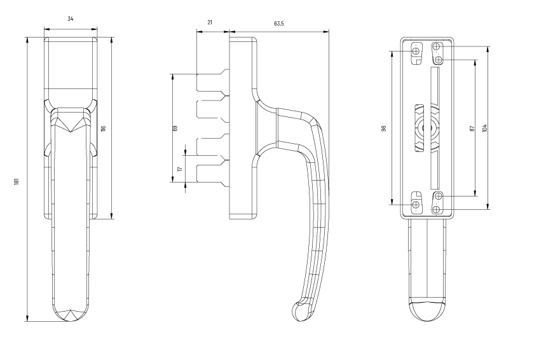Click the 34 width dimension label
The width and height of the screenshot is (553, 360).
point(71,19)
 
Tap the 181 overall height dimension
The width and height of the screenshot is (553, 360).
point(17,182)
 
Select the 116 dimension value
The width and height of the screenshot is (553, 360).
point(104,128)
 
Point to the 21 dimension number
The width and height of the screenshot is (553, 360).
point(210,22)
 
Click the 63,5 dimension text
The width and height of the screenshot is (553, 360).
point(278,24)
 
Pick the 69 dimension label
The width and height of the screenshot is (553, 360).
point(175,128)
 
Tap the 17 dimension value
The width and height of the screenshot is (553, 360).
point(181,169)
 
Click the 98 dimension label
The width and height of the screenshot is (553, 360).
point(384,128)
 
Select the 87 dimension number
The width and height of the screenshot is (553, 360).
point(472,128)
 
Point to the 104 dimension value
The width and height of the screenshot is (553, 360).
point(484,128)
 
